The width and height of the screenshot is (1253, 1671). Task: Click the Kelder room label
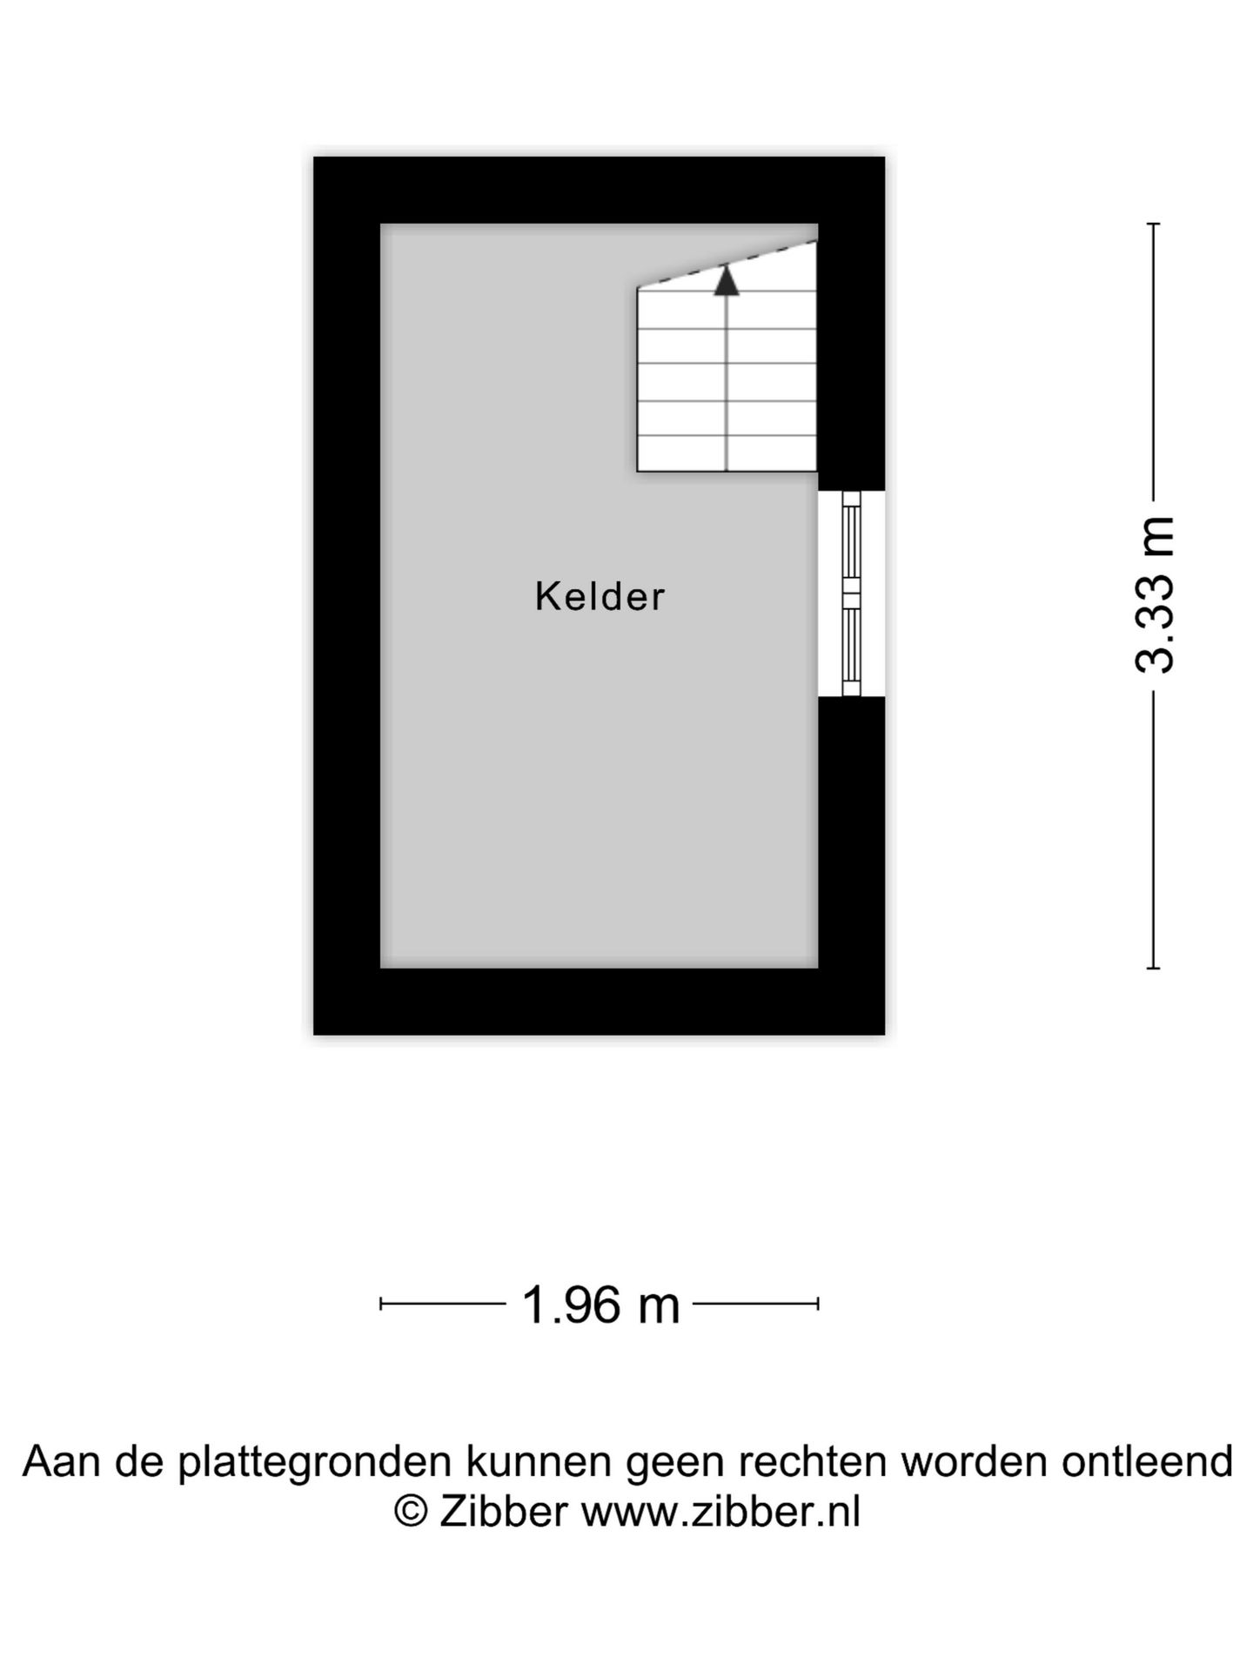pos(600,597)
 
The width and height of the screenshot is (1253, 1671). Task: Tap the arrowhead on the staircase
pos(727,280)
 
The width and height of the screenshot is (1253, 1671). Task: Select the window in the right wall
pos(851,594)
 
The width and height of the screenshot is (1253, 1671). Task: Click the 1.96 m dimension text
pos(600,1305)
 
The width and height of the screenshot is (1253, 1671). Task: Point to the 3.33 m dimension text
pos(1156,595)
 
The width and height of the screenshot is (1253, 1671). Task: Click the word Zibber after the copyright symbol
pos(504,1512)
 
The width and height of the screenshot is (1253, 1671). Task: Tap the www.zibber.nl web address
pos(720,1512)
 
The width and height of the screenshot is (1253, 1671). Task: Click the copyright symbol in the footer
pos(411,1512)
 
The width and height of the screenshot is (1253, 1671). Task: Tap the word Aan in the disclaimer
pos(62,1462)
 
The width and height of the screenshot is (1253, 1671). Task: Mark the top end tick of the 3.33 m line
pos(1154,225)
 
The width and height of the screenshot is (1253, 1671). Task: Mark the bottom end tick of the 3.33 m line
pos(1154,967)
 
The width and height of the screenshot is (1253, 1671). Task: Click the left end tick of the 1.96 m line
pos(381,1304)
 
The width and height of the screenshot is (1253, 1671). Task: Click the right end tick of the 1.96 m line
pos(818,1304)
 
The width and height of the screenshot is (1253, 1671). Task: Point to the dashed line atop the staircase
pos(727,264)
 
